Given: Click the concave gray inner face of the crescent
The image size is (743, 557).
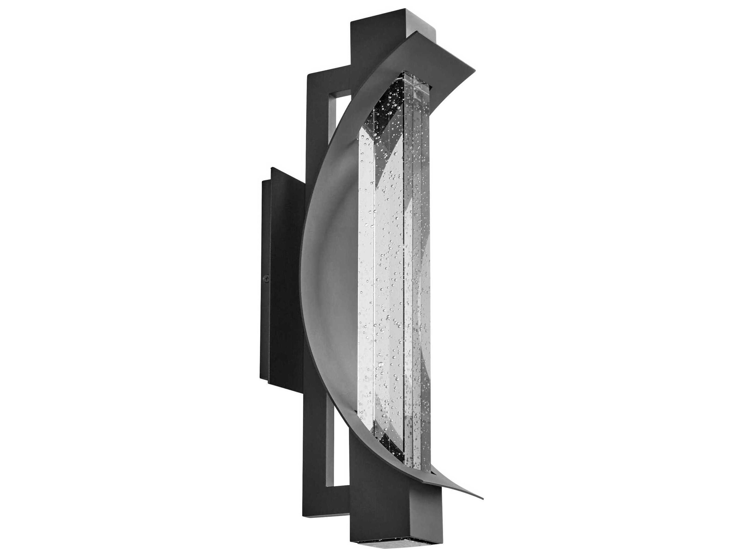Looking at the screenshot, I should [x=331, y=269].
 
